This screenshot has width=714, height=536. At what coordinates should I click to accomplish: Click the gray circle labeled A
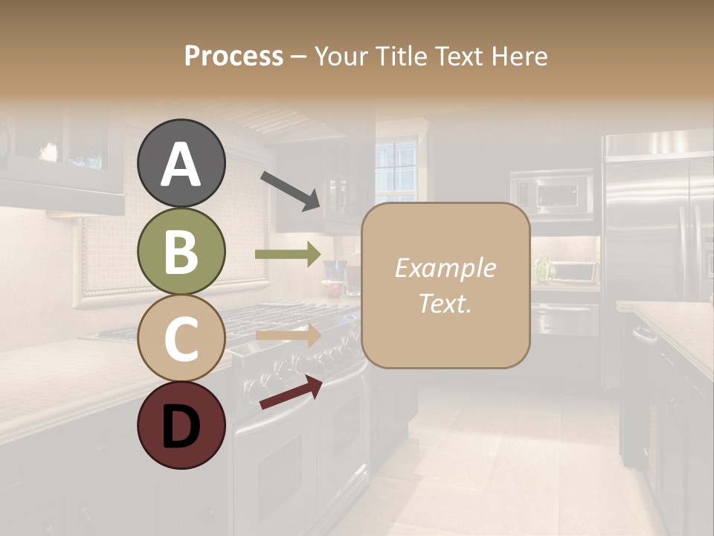[x=181, y=164]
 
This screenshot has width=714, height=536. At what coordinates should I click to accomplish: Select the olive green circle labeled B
[x=181, y=252]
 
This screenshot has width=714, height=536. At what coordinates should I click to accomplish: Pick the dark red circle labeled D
[x=181, y=425]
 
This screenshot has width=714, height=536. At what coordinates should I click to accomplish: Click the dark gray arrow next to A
[x=290, y=190]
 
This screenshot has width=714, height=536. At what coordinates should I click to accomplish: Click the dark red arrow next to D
[x=291, y=392]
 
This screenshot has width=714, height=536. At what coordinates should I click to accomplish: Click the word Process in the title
[x=234, y=57]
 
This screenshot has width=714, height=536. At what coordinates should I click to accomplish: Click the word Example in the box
[x=445, y=268]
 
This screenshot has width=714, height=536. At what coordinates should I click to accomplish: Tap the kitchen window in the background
[x=396, y=170]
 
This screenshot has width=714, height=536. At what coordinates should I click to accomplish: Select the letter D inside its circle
[x=181, y=427]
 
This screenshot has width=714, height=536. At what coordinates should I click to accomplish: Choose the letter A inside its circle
[x=181, y=164]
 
